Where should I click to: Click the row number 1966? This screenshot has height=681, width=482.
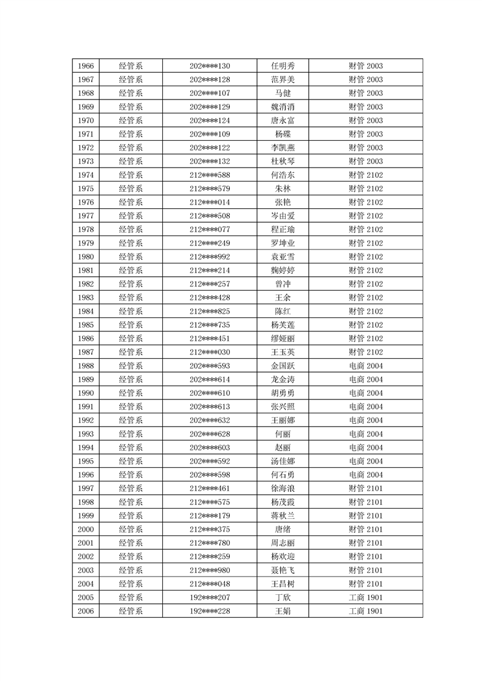[86, 66]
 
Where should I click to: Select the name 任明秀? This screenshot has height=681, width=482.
[283, 66]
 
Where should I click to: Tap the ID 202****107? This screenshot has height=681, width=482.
[210, 93]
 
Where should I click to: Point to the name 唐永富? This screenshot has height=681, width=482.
[283, 121]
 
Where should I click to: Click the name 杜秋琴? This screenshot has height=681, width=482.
[283, 161]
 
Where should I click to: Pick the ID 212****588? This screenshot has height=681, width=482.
[210, 175]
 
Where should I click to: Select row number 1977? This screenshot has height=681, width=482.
[86, 216]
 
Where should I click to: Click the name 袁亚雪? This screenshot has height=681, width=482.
[283, 257]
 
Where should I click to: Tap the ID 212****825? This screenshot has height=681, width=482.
[210, 311]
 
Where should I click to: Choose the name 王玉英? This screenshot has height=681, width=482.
[283, 352]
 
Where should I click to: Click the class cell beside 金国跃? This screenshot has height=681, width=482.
[365, 366]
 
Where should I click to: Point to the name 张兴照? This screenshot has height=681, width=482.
[283, 407]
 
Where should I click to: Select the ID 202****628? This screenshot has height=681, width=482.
[210, 434]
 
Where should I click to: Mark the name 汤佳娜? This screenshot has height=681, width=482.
[283, 461]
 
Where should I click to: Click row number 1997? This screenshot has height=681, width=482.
[86, 489]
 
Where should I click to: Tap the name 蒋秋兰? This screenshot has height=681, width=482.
[283, 516]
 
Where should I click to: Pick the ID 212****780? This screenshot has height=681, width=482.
[210, 543]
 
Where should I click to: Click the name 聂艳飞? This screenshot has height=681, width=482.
[283, 571]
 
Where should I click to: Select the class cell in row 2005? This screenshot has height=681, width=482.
[365, 598]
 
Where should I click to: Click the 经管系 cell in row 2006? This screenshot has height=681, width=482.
[131, 611]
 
